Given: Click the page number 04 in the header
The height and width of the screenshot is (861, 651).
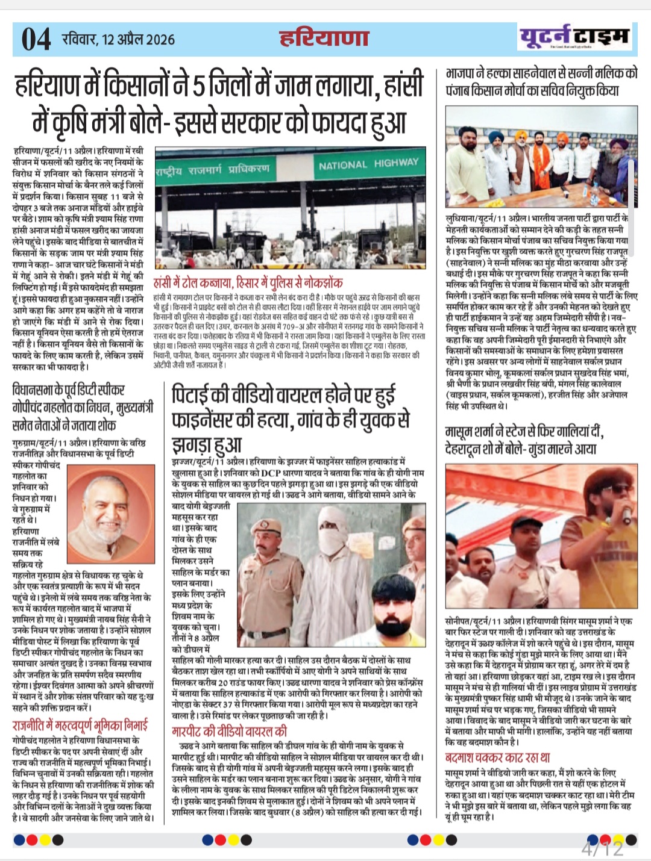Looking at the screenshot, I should (36, 40).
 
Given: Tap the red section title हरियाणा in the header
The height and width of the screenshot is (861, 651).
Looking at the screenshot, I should (324, 38).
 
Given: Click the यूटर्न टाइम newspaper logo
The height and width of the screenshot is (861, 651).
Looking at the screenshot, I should (574, 37).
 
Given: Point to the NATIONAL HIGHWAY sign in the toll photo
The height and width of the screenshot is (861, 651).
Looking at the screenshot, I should (368, 164).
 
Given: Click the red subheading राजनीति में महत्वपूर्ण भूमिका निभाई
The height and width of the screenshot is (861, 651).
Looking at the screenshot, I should (79, 725).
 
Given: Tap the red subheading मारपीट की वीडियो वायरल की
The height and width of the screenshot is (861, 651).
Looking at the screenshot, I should (229, 732).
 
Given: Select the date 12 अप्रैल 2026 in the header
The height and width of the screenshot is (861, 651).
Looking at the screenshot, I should (138, 40).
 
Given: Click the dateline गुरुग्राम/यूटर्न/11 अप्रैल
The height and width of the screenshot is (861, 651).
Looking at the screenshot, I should (49, 443).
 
